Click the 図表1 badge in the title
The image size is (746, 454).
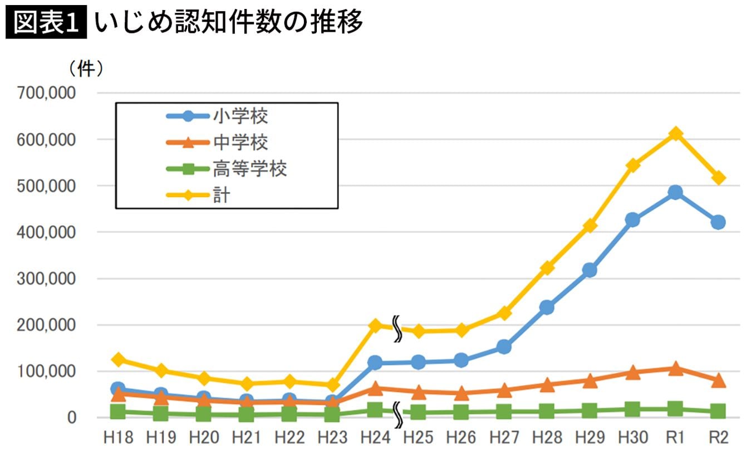(47, 22)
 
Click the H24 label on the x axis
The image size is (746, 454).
(375, 438)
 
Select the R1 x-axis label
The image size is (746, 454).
(675, 438)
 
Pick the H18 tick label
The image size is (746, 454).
(118, 438)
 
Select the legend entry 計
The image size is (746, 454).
(221, 196)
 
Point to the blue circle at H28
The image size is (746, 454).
(547, 307)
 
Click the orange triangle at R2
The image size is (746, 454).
(719, 380)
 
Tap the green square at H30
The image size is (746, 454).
(632, 410)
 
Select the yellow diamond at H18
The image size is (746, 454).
(118, 359)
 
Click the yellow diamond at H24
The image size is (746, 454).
(375, 325)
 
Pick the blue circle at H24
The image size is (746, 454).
(375, 363)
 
